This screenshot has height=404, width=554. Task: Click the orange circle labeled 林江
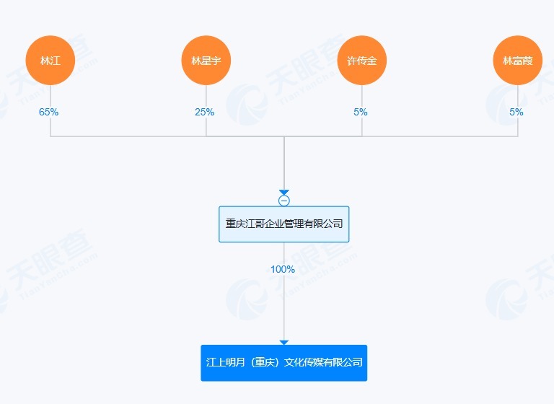pos(50,61)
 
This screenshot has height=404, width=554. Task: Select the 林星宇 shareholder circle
pos(206,61)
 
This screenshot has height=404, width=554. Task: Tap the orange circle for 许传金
pos(362,61)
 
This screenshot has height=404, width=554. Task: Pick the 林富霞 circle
pos(518,61)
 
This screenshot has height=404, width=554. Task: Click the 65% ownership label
pos(49,112)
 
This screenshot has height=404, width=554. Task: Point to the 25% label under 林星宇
pos(205,112)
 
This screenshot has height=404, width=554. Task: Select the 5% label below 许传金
pos(361,112)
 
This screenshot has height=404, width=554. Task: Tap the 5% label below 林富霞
pos(516,112)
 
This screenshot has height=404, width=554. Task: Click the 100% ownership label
pos(283,269)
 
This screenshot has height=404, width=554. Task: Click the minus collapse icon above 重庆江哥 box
pos(284,201)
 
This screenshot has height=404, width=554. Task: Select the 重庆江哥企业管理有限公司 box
pos(284,224)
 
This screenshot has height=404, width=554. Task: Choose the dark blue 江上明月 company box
pos(284,362)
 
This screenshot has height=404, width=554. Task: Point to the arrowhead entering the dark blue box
pos(284,342)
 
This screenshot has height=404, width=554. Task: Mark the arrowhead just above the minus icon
pos(284,192)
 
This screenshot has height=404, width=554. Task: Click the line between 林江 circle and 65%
pos(50,95)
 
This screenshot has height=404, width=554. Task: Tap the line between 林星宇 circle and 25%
pos(206,95)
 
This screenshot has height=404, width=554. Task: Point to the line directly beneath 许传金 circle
pos(362,95)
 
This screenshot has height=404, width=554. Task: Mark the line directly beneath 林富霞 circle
pos(518,95)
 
